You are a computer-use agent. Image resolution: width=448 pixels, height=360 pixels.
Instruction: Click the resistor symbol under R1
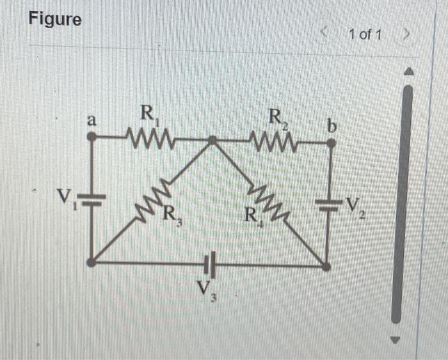[150, 136]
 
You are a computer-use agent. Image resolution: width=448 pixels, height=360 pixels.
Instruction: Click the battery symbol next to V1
[92, 199]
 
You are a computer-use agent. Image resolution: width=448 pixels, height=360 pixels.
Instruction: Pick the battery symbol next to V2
[330, 205]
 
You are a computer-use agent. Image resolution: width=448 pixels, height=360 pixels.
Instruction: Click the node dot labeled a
[92, 136]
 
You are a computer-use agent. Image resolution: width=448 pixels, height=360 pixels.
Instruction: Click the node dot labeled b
[331, 144]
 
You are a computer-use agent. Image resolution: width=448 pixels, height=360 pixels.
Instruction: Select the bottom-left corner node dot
[92, 261]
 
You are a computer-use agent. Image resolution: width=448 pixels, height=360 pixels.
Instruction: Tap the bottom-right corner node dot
[326, 266]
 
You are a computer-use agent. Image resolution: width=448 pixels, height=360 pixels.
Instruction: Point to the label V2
[355, 205]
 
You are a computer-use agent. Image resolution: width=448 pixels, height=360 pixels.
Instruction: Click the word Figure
[56, 20]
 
